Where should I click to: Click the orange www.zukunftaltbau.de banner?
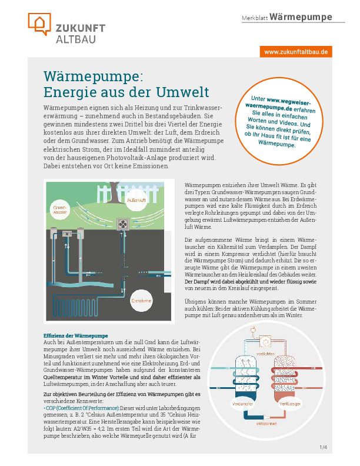[296, 52]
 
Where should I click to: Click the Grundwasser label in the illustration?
[59, 209]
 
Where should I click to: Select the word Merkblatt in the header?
[255, 18]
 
